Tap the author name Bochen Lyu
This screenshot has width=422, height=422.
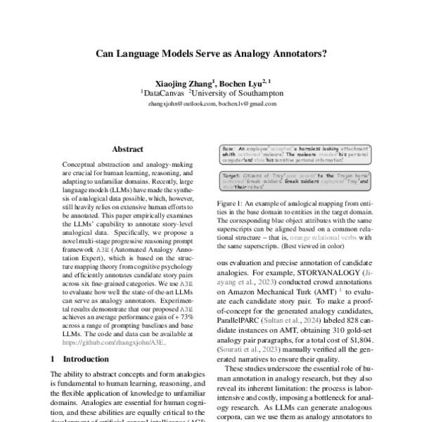click(241, 82)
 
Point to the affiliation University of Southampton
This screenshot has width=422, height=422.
click(238, 93)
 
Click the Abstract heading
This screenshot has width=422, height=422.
click(127, 149)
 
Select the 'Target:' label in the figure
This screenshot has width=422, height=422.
click(232, 174)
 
